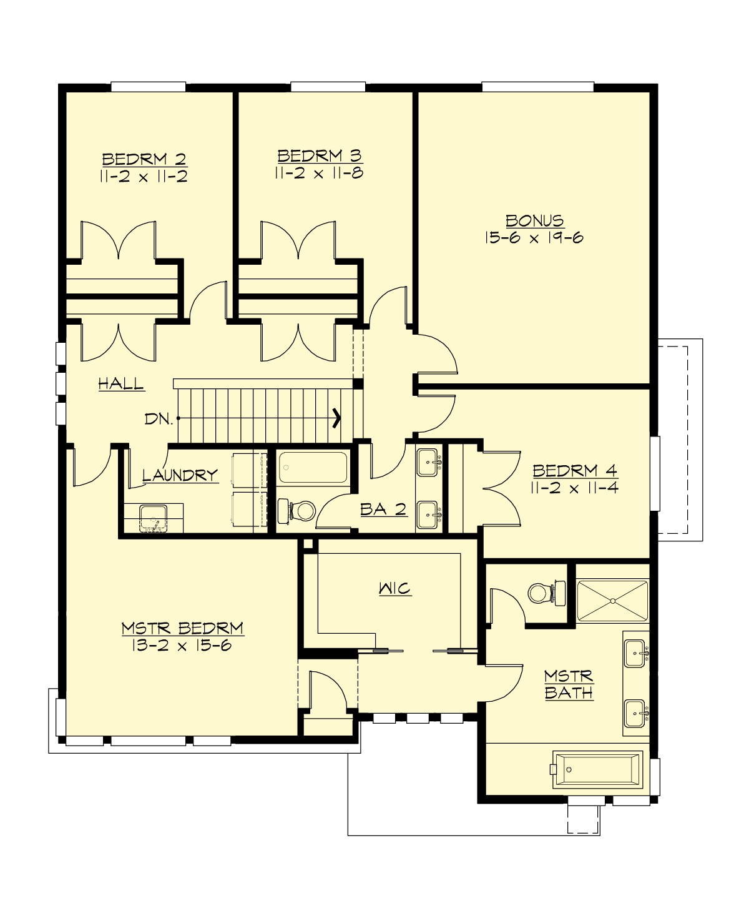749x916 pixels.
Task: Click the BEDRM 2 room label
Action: click(x=144, y=159)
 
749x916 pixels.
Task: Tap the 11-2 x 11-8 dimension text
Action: click(x=318, y=173)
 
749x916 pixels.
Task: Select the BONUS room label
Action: click(x=534, y=221)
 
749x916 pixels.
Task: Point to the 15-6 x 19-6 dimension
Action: click(x=534, y=237)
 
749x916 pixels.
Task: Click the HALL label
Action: click(x=121, y=383)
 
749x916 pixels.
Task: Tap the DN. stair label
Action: click(x=159, y=419)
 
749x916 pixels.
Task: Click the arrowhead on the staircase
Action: click(x=337, y=417)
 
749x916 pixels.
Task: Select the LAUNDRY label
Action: click(x=180, y=475)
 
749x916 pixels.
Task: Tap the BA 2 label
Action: click(x=383, y=510)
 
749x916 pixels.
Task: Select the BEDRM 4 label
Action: click(x=575, y=470)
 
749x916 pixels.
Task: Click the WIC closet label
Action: click(x=394, y=588)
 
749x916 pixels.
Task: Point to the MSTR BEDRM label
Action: click(x=182, y=628)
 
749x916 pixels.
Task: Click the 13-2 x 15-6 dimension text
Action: click(x=182, y=645)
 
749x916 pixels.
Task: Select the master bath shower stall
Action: click(x=612, y=601)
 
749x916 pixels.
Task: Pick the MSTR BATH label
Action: click(x=568, y=684)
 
